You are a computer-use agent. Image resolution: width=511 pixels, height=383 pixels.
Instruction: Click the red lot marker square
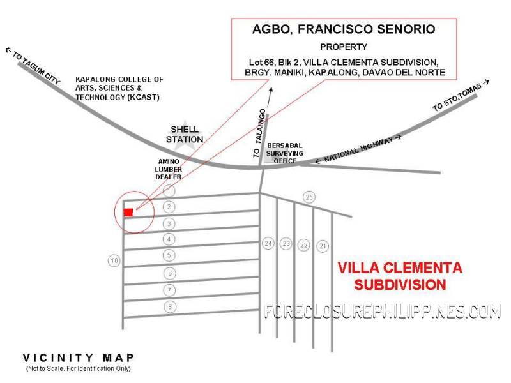click(x=128, y=212)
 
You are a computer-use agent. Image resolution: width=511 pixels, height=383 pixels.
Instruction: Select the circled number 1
click(x=169, y=190)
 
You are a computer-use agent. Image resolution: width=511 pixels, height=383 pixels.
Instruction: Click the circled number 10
click(x=114, y=260)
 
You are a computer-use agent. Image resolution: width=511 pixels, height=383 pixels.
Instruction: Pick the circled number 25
click(x=309, y=196)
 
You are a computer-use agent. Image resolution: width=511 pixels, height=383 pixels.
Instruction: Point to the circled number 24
click(x=268, y=243)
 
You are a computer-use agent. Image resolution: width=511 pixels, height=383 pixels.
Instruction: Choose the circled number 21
click(x=323, y=246)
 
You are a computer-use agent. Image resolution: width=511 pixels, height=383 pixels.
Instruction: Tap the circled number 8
click(x=169, y=307)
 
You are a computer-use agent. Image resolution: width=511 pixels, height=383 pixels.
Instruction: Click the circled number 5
click(x=169, y=255)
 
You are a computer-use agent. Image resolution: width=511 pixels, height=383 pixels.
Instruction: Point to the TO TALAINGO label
click(x=259, y=133)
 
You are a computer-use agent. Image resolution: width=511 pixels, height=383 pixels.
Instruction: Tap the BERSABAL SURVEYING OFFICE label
click(x=282, y=153)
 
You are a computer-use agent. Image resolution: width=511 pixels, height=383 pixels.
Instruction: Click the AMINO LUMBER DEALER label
click(x=170, y=169)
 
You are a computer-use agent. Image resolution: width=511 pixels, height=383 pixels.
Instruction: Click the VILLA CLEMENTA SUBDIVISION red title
click(x=400, y=275)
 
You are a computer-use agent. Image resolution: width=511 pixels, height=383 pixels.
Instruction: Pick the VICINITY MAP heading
click(x=78, y=357)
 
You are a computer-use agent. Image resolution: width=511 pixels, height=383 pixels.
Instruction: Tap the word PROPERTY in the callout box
click(x=344, y=47)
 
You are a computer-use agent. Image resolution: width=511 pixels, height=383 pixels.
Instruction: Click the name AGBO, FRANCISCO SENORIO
click(x=343, y=29)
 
